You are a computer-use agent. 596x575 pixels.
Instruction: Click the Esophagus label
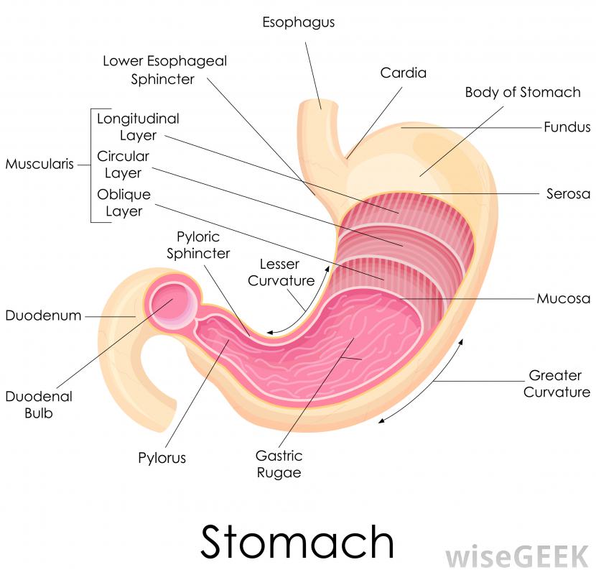click(x=298, y=22)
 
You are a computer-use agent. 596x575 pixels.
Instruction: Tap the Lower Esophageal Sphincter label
click(x=164, y=70)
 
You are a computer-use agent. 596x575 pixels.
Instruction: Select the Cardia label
click(x=404, y=73)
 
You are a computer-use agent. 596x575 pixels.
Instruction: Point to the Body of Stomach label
click(x=522, y=92)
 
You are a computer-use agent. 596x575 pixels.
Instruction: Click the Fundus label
click(x=567, y=127)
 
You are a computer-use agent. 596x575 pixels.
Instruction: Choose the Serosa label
click(x=568, y=193)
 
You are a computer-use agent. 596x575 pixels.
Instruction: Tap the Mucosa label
click(x=564, y=298)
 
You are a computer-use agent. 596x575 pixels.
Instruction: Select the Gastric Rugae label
click(x=279, y=464)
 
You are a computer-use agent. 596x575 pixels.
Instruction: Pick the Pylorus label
click(x=162, y=458)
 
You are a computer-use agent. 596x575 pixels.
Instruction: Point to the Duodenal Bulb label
click(x=29, y=404)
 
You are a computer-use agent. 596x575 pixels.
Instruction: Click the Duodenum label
click(x=43, y=316)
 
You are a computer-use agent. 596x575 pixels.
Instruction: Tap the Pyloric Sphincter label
click(x=198, y=244)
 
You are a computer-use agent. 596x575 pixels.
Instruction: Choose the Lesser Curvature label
click(x=281, y=272)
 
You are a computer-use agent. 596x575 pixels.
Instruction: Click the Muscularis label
click(x=39, y=164)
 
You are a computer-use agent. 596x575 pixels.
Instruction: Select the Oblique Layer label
click(x=124, y=203)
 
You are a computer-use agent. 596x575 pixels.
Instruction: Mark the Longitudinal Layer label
click(x=138, y=126)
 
